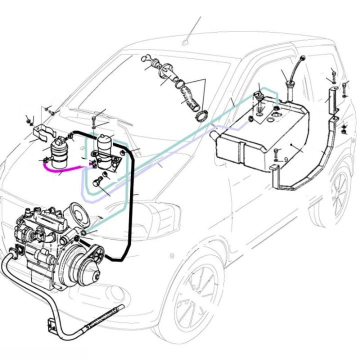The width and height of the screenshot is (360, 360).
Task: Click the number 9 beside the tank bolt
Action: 286,160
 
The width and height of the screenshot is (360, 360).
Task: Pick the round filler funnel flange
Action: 164,70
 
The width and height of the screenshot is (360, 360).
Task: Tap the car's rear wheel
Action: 339,192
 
